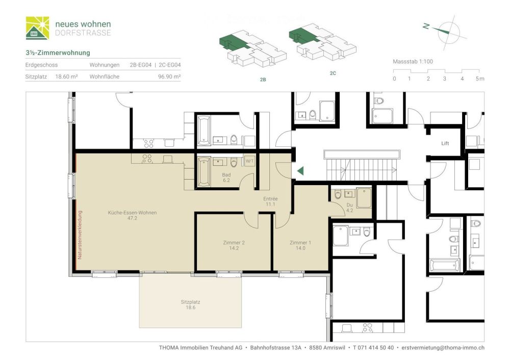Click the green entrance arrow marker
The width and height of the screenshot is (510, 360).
pos(300,171)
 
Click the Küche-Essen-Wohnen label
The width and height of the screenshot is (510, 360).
pos(132,216)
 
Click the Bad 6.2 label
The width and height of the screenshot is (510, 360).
pos(226,177)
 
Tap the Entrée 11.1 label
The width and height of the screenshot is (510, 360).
pos(270,201)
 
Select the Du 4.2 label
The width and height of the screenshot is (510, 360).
pos(349,207)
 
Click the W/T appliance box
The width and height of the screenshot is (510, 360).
pos(250,161)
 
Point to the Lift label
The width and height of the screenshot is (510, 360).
pos(445,143)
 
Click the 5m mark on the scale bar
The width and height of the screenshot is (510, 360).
pos(479,79)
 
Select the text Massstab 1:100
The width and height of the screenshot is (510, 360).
pos(413,61)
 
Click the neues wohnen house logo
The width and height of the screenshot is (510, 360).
pos(38,28)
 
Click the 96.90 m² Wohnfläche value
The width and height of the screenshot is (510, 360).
pos(169,77)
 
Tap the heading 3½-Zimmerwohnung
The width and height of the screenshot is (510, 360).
pos(58,53)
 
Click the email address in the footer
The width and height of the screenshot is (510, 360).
pos(443,347)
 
